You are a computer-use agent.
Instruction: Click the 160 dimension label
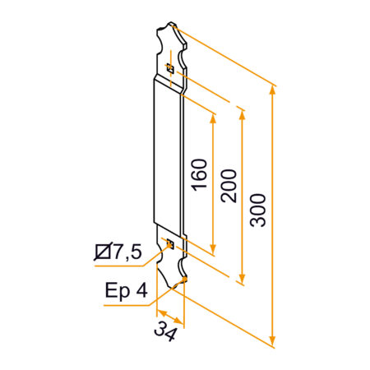coord(200,174)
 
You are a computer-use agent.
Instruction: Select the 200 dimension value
coord(229,186)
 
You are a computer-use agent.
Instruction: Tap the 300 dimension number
coord(258,210)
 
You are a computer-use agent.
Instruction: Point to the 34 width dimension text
coord(165,331)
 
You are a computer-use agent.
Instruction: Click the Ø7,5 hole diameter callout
coord(118,252)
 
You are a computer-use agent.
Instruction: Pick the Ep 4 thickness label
coord(127,290)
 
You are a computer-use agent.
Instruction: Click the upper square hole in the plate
coord(170,68)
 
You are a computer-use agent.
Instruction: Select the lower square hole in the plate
coord(170,243)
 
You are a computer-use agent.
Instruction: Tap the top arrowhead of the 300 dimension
coord(272,90)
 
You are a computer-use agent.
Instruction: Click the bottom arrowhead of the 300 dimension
coord(272,340)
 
